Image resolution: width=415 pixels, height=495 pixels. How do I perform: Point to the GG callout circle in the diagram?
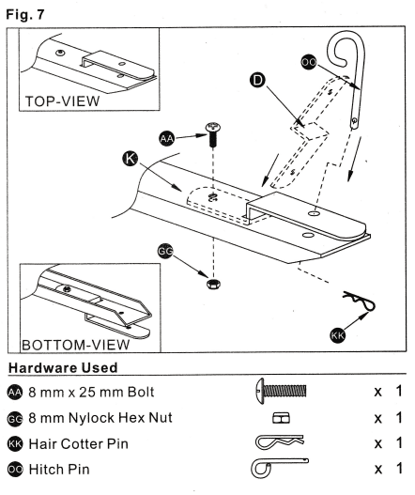pos(164,251)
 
